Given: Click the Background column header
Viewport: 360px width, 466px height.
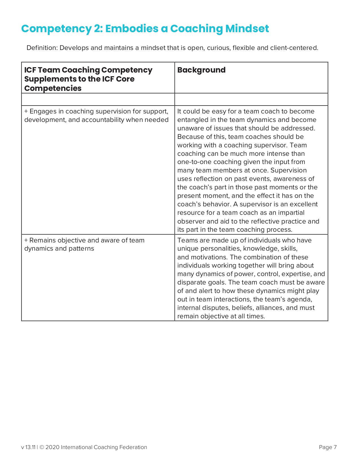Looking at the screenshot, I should (201, 70).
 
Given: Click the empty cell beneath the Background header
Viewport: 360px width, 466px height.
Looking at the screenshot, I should (251, 99).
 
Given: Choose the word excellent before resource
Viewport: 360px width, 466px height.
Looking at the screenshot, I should (303, 204).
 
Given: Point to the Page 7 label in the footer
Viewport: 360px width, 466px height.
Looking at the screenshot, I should (328, 447).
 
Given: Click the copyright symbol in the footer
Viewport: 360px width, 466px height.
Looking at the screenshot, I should (42, 447).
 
